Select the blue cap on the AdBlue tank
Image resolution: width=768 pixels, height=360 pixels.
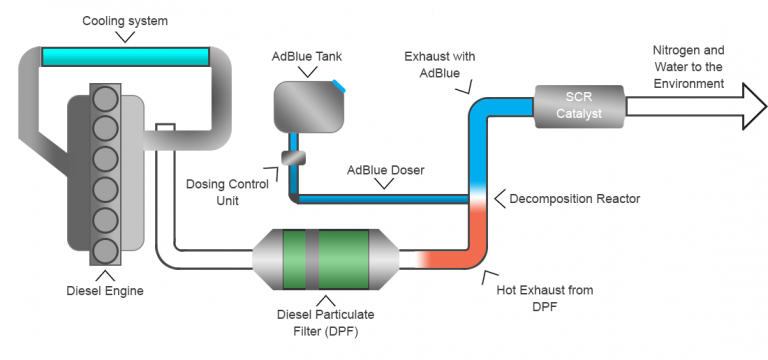coord(339,87)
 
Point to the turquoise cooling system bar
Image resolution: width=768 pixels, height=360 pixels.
coord(125,56)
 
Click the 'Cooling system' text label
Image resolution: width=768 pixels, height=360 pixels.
coord(125,20)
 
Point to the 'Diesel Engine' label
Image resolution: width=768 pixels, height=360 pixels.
coord(104,292)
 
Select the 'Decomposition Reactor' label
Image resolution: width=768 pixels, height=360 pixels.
coord(574,198)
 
